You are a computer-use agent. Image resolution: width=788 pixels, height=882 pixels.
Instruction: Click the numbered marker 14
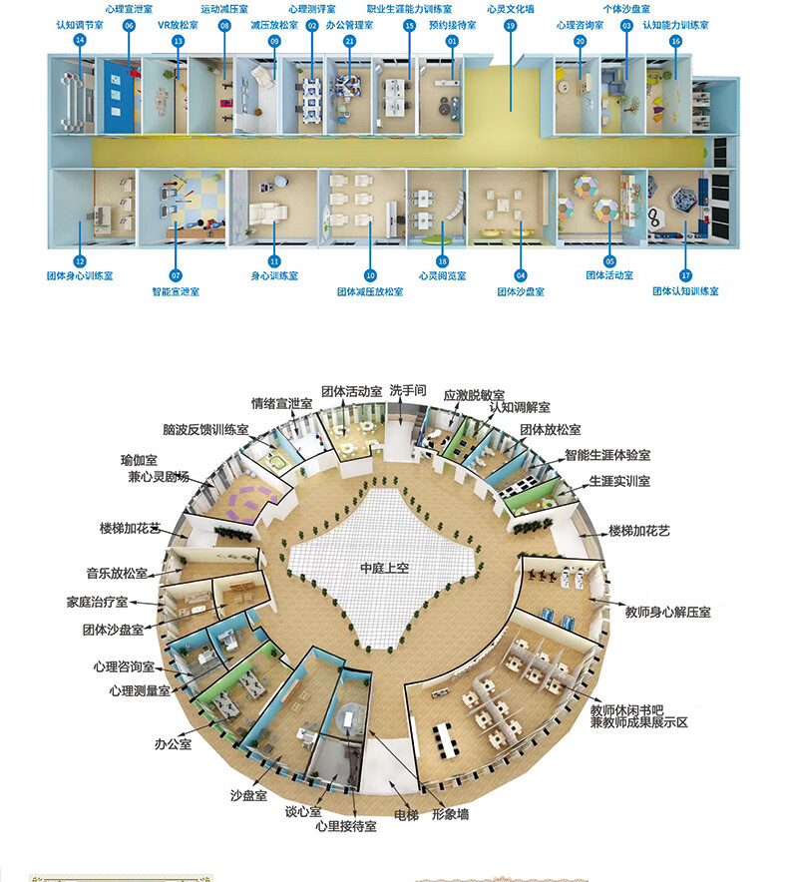[80, 41]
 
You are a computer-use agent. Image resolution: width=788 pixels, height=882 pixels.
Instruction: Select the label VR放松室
[178, 25]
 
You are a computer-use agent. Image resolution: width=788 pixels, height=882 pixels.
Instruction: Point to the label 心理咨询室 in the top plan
[580, 25]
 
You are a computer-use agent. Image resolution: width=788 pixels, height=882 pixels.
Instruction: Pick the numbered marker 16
[675, 41]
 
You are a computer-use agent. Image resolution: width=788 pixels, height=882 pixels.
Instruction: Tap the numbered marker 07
[176, 274]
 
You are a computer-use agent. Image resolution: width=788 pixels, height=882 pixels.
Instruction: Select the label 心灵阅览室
[442, 274]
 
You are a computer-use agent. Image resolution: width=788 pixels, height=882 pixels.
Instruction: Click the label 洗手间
[408, 390]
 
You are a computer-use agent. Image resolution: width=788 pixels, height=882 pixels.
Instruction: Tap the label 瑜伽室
[140, 460]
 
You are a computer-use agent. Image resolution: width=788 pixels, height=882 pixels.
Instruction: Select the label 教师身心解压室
[667, 611]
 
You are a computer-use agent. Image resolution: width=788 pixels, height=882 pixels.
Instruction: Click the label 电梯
[405, 814]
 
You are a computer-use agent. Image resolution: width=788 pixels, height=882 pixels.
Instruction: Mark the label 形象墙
[450, 814]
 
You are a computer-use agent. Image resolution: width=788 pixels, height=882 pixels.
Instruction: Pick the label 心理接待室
[345, 826]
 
